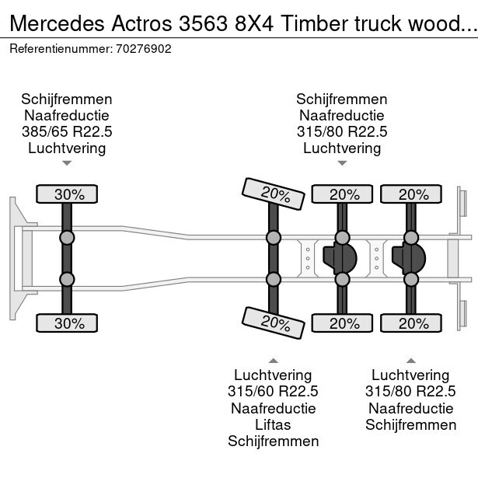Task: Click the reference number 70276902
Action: click(x=144, y=49)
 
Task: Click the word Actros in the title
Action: click(x=141, y=23)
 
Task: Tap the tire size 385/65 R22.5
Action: click(x=67, y=131)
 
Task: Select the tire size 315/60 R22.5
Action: click(x=273, y=391)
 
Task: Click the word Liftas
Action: click(x=273, y=424)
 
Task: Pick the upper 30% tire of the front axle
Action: click(x=67, y=194)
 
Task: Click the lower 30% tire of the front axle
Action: click(x=67, y=323)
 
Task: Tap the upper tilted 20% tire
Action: click(x=274, y=194)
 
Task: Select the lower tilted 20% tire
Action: click(x=274, y=323)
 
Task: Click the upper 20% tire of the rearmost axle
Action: click(x=411, y=194)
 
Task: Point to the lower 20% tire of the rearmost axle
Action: click(x=411, y=323)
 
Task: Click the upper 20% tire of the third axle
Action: click(x=342, y=194)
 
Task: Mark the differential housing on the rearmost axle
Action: click(x=409, y=259)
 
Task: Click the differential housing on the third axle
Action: click(x=340, y=259)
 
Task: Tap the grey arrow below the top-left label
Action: click(x=67, y=163)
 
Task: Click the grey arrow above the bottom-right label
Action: click(x=411, y=361)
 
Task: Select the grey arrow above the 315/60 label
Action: click(x=274, y=361)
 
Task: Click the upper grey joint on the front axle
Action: click(x=67, y=238)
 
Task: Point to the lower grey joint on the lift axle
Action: click(x=274, y=279)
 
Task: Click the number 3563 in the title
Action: click(x=203, y=23)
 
